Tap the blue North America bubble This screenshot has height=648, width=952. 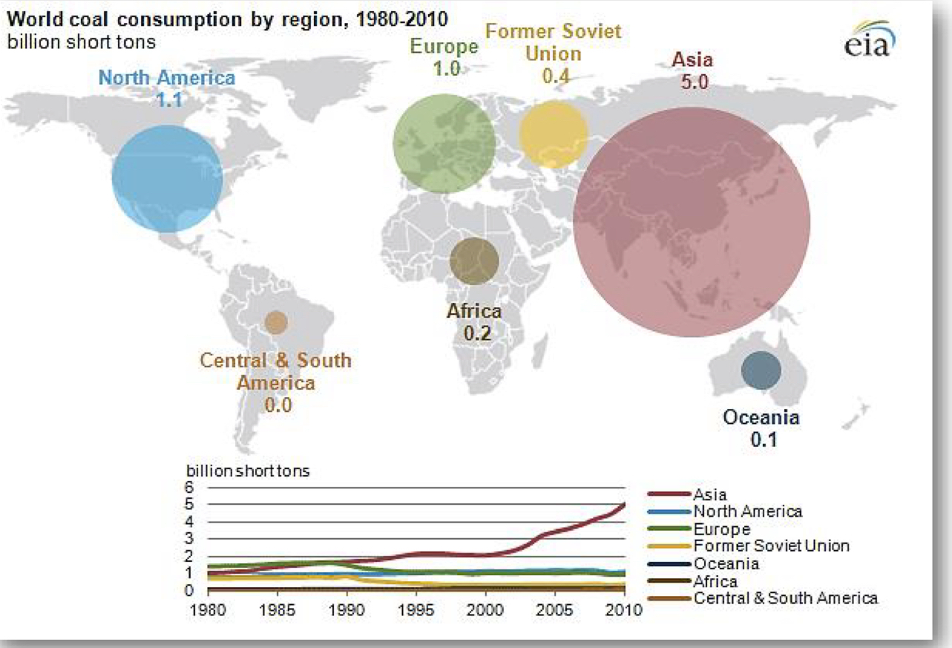point(168,178)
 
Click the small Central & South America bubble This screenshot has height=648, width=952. point(276,322)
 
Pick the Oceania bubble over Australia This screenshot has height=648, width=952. point(761,370)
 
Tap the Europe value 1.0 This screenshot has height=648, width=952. point(446,69)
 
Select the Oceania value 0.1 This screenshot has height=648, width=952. point(762,439)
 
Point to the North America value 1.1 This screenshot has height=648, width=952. point(167,98)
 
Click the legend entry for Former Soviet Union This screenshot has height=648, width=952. point(771,546)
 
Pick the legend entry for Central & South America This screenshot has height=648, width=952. point(786,598)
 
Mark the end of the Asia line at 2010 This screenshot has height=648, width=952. point(624,504)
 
